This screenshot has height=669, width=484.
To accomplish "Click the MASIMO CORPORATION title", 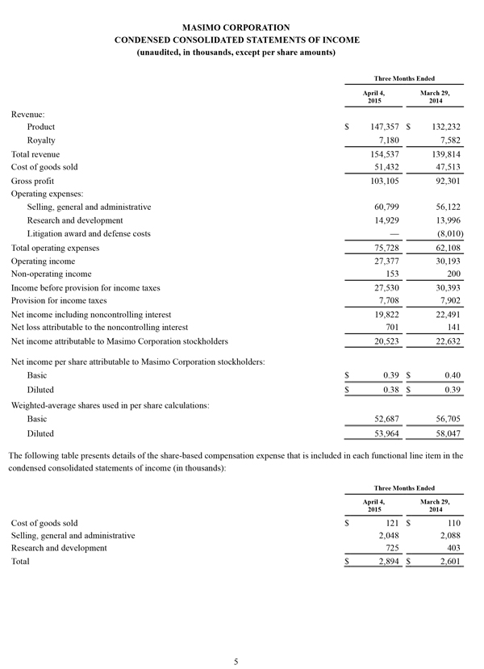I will click(236, 27).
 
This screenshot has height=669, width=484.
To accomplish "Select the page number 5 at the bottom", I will click(236, 662).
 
